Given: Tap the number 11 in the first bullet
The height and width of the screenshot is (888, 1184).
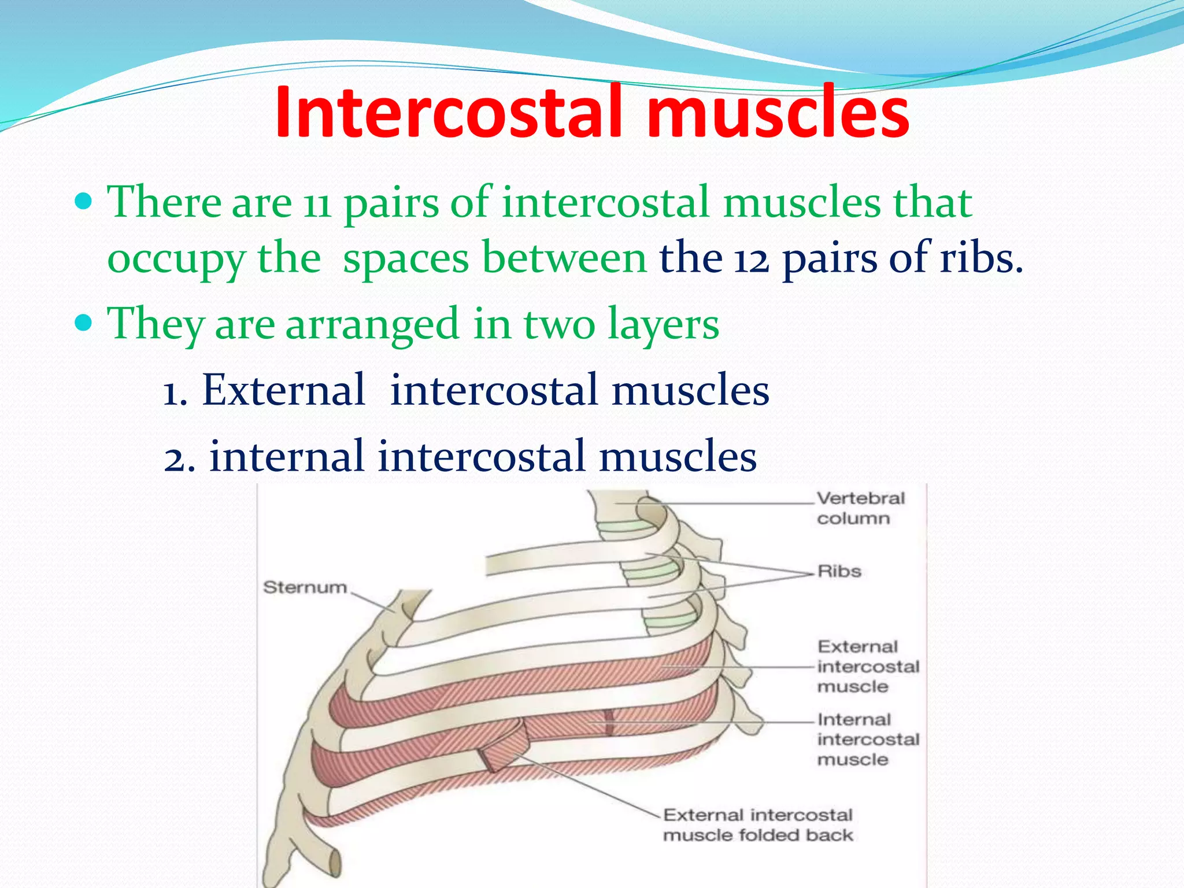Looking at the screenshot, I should pos(317,205).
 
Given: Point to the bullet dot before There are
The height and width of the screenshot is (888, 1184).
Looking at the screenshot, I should pos(84,202).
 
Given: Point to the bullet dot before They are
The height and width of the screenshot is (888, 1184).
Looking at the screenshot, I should pos(84,323).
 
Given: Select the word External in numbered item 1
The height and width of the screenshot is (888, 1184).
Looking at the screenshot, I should pos(283,390).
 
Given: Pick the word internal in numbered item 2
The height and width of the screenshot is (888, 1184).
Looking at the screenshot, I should pos(286,456).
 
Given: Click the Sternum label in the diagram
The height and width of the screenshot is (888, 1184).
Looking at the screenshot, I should pos(305,587).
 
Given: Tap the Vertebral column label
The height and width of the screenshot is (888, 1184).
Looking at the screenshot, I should pos(860,508).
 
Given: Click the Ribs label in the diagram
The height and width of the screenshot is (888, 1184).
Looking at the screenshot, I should pos(839,571).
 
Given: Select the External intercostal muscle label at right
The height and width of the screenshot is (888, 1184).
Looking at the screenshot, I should pos(867,667).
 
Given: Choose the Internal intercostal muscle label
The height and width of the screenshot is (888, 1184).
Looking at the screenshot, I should pos(867,739).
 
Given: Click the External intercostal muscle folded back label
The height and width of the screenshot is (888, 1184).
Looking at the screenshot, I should pos(757,825).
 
